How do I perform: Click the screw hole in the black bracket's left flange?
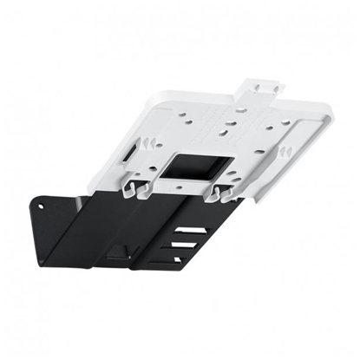[x=41, y=207]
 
